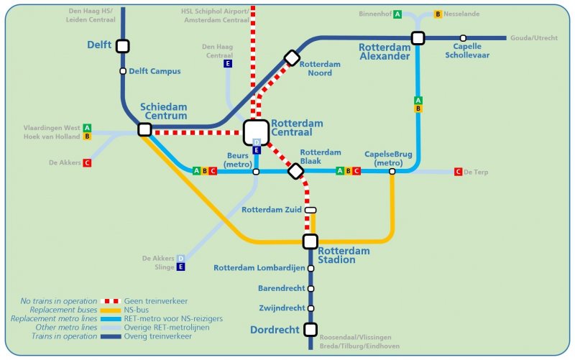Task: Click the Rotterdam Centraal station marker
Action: click(256, 132)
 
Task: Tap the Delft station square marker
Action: click(123, 46)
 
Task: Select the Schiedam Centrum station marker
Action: click(144, 129)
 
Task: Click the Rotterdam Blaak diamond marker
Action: click(295, 171)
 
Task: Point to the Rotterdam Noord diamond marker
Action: click(292, 57)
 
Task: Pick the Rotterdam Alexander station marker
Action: click(418, 37)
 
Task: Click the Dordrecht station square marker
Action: click(310, 330)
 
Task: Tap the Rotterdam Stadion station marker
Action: click(310, 241)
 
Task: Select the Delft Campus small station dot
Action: click(123, 71)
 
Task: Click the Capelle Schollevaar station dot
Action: click(464, 37)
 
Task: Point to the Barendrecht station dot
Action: click(310, 289)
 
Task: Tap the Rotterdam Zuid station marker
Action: click(310, 210)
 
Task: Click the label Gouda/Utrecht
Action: click(533, 38)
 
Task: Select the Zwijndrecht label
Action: click(281, 308)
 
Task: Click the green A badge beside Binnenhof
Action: click(397, 14)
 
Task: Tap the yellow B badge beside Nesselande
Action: click(438, 14)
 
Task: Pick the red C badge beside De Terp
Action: click(458, 172)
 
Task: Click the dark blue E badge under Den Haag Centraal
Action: click(228, 64)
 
